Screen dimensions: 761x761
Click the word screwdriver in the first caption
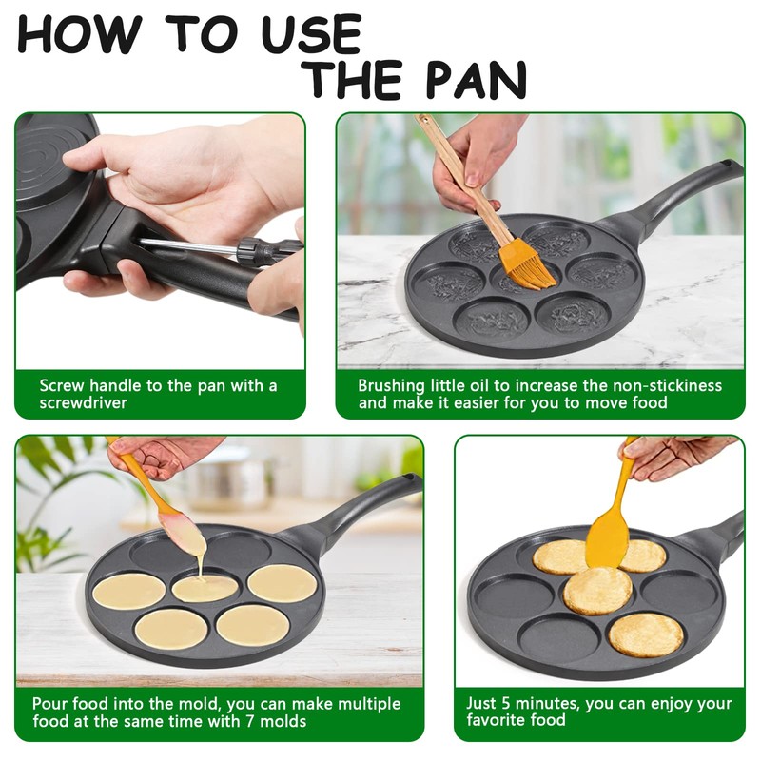[84, 402]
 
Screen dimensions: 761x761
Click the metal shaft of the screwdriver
[190, 246]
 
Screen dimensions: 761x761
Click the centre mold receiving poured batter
[205, 588]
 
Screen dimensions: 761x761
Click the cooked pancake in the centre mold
[597, 591]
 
